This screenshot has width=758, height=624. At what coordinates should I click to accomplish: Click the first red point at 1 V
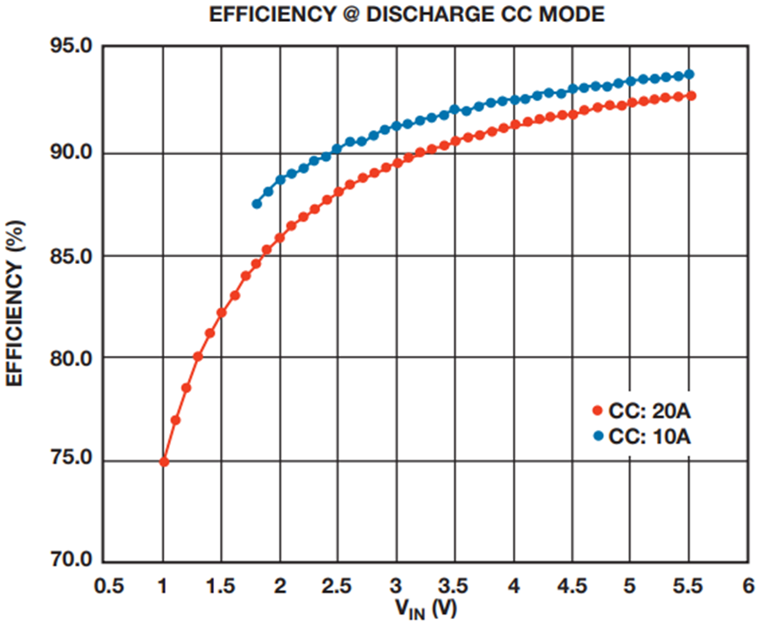pyautogui.click(x=164, y=462)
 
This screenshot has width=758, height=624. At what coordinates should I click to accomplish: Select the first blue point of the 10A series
pyautogui.click(x=257, y=204)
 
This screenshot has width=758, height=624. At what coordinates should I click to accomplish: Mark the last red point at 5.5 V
pyautogui.click(x=691, y=96)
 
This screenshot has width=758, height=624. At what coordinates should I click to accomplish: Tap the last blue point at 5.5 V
pyautogui.click(x=689, y=74)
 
